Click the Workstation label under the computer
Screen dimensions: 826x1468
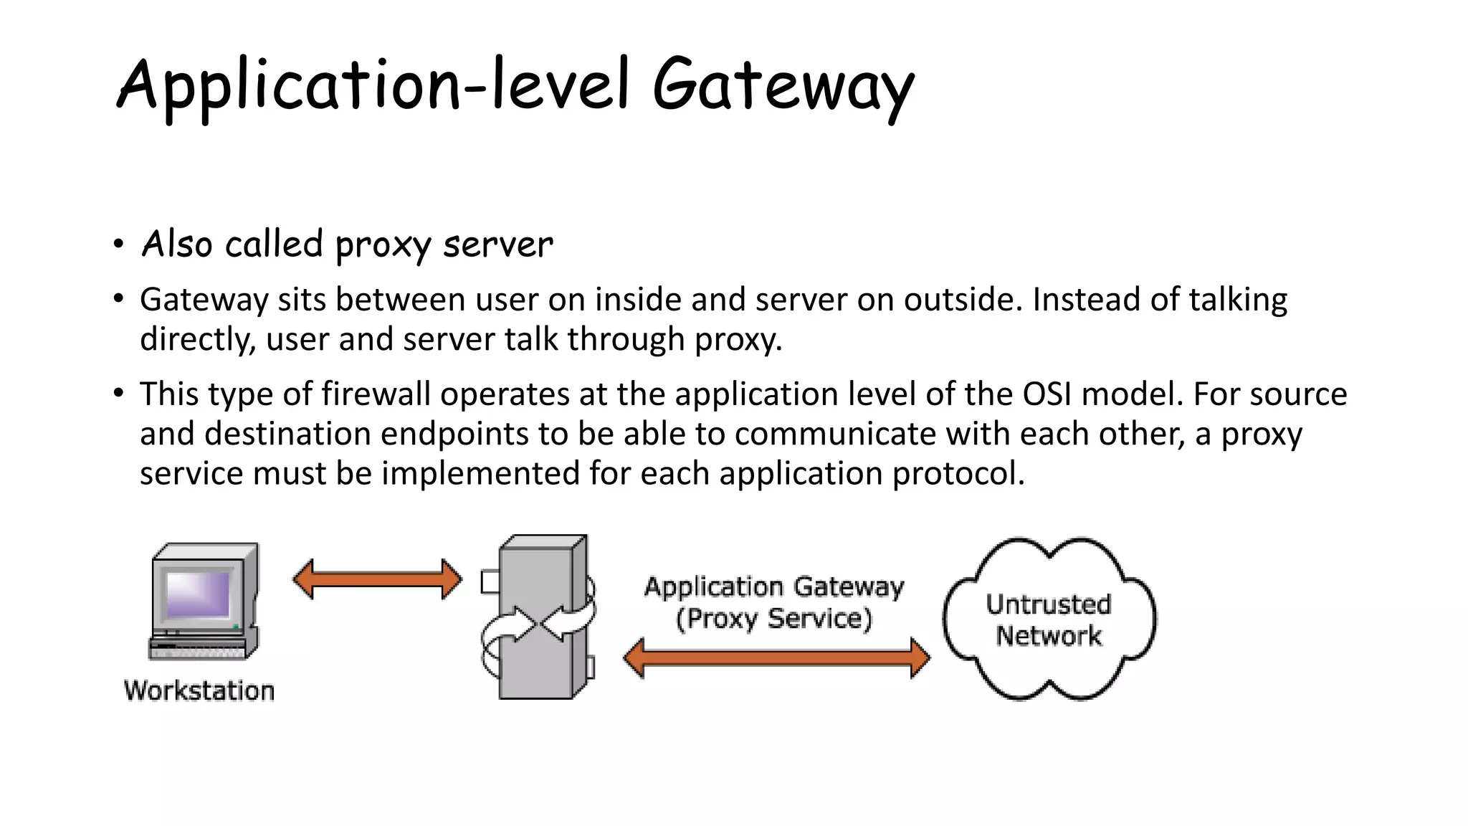click(x=199, y=690)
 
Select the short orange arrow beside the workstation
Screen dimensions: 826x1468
click(x=378, y=579)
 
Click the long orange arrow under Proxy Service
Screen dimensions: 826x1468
click(x=776, y=658)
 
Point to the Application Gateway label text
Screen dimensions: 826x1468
click(x=774, y=587)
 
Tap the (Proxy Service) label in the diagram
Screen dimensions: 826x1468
click(x=774, y=619)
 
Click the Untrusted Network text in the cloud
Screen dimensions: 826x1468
click(x=1049, y=620)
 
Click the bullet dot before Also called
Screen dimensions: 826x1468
click(x=119, y=245)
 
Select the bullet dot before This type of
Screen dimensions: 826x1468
click(x=119, y=393)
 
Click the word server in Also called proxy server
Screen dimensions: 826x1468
click(x=498, y=245)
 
